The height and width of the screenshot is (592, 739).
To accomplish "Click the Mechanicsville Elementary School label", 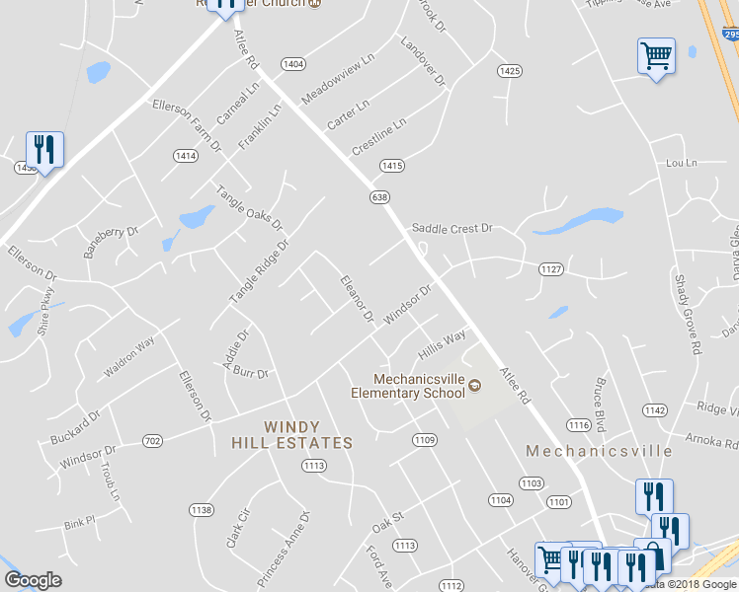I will tap(409, 386).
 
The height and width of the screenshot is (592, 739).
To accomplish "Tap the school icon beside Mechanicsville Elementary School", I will tap(473, 385).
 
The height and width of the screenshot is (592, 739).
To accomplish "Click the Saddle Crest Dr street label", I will tap(452, 228).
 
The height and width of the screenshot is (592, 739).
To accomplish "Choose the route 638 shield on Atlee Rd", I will tap(379, 197).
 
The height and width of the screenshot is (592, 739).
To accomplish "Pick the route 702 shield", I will tap(152, 440).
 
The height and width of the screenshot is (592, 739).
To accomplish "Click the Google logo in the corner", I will tap(33, 580).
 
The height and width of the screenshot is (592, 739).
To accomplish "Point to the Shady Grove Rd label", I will tap(688, 313).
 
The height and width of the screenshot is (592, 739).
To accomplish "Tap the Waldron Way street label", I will tap(129, 358).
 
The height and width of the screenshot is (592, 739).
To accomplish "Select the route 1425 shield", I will tap(509, 71).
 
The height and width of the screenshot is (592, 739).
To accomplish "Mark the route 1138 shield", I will tap(202, 509).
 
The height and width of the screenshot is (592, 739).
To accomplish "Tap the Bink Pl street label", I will tap(78, 520).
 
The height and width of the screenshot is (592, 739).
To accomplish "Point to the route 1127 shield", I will tap(550, 268).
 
